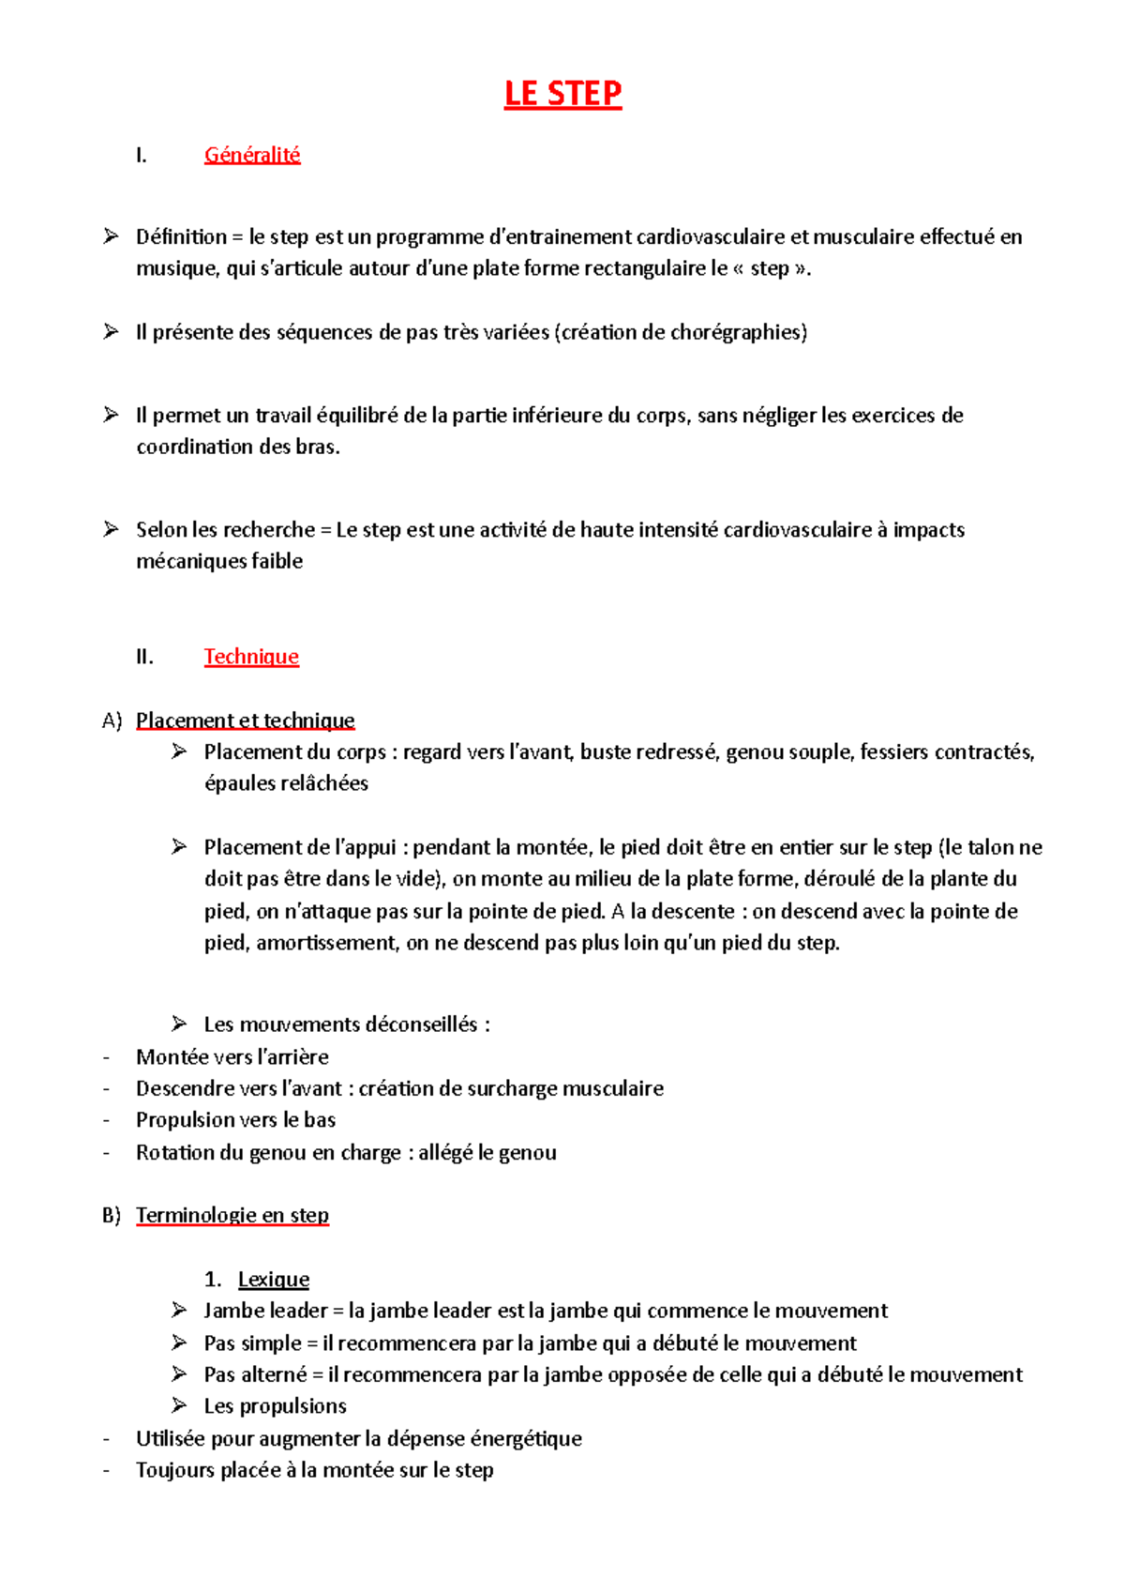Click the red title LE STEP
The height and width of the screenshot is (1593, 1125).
coord(562,94)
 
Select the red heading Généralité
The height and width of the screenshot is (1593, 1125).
coord(252,155)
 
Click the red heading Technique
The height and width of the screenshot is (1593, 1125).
coord(251,657)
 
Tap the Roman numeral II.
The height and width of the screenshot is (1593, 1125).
coord(143,657)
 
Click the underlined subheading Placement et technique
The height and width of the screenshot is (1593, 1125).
coord(245,721)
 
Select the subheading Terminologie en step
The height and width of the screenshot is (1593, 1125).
coord(232,1215)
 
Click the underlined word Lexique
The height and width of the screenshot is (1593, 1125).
coord(273,1279)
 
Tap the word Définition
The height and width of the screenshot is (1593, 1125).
coord(181,236)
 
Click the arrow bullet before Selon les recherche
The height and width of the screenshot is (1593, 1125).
coord(111,529)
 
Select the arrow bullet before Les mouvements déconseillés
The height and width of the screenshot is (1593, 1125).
coord(179,1024)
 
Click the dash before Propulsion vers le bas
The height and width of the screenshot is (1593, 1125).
coord(106,1120)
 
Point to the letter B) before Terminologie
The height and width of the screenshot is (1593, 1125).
coord(112,1215)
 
